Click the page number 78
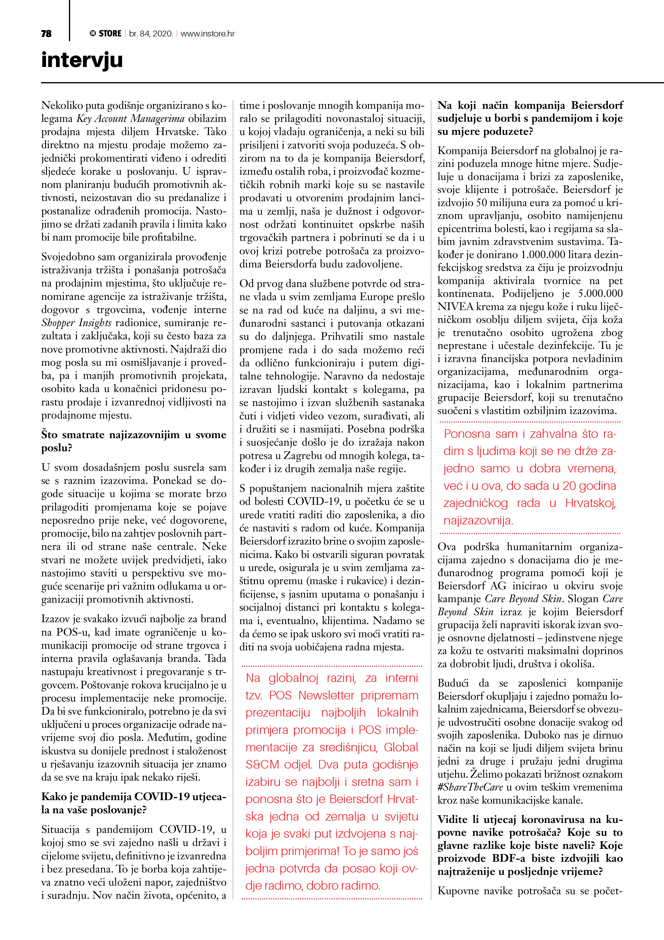click(46, 33)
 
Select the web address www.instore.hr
click(207, 33)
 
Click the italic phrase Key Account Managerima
click(130, 119)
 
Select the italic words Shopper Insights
click(77, 323)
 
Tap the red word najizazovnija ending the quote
click(478, 520)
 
